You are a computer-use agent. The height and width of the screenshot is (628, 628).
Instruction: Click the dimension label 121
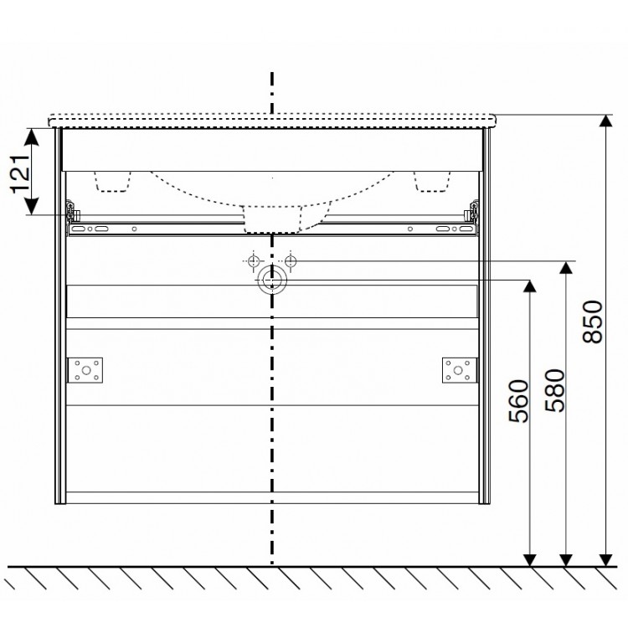22,171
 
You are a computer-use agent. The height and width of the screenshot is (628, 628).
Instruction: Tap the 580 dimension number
554,390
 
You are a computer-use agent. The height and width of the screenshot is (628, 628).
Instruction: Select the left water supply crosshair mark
252,261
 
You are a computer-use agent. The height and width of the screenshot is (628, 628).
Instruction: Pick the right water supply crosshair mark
291,261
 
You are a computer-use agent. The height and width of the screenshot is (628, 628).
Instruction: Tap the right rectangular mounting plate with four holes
458,369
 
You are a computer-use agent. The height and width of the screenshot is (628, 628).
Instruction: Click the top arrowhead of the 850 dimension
604,122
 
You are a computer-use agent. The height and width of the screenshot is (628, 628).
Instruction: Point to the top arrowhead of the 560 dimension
529,286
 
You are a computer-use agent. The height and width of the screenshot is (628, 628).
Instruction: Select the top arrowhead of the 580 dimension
567,268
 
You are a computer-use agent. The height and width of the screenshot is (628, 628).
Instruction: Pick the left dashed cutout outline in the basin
115,179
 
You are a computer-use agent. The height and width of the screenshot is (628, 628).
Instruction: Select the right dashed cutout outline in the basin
431,179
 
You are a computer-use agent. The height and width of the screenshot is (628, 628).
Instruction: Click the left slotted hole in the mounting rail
100,228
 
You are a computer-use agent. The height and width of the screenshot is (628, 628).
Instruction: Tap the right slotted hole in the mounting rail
442,228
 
